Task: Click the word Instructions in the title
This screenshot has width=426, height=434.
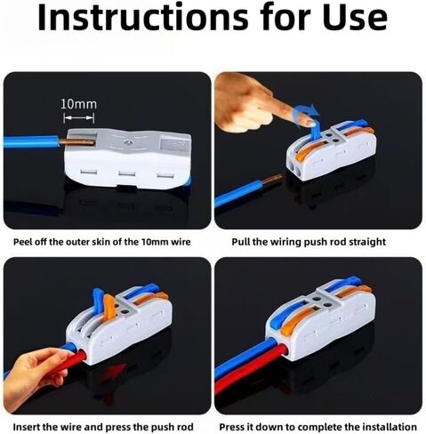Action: click(143, 17)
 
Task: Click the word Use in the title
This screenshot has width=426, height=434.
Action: click(355, 17)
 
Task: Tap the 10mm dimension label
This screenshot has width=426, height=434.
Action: click(79, 104)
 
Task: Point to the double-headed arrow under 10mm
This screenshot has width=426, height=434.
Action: click(79, 118)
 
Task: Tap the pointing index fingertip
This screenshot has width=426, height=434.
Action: click(307, 120)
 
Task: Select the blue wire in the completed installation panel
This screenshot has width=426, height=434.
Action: click(246, 358)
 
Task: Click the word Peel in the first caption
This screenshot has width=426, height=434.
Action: click(22, 242)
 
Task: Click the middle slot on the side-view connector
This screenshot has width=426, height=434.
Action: click(126, 173)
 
